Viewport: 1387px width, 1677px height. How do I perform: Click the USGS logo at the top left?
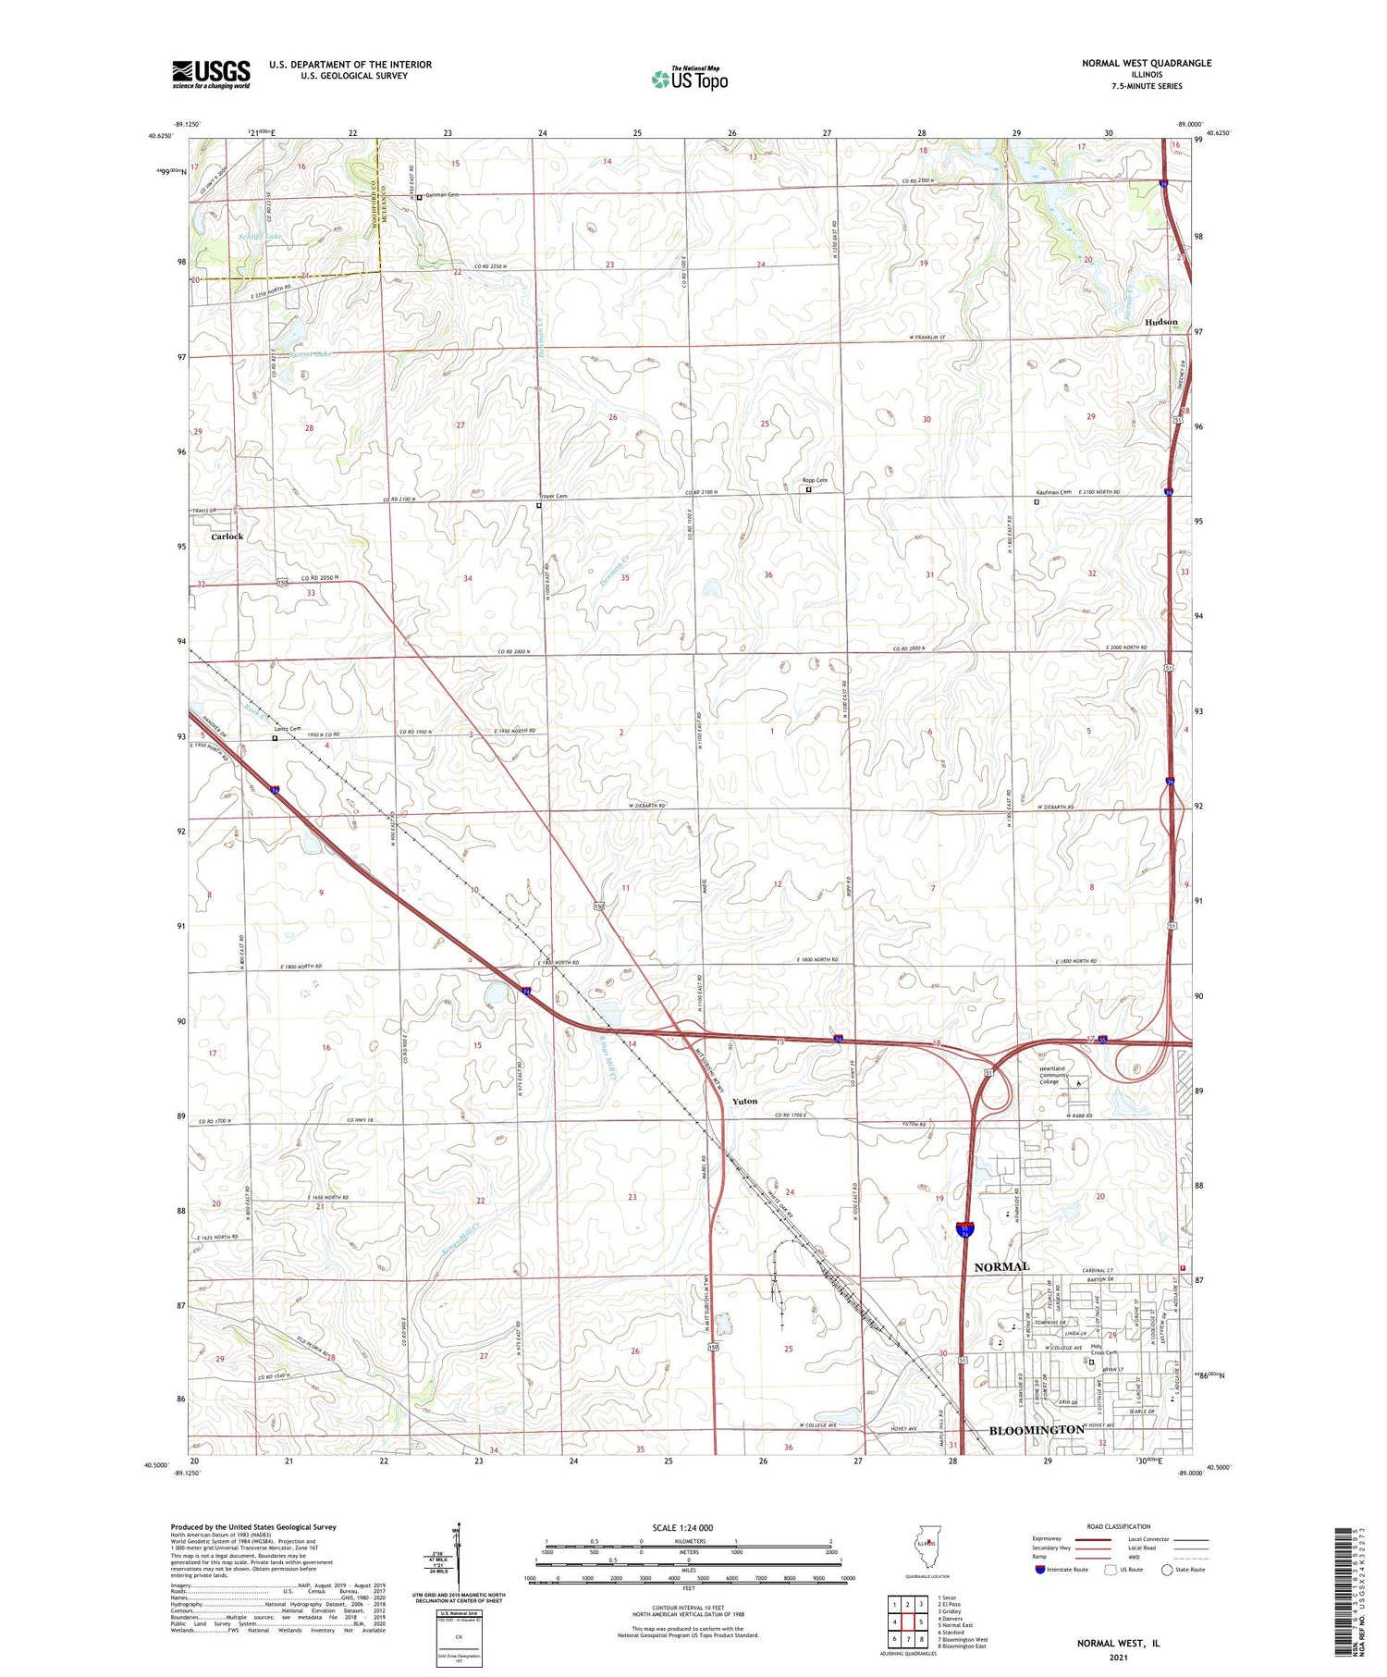211,74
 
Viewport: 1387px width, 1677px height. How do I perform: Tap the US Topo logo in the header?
689,79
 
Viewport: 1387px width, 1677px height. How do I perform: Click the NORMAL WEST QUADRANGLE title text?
1133,63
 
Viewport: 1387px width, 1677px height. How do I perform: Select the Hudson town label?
1161,322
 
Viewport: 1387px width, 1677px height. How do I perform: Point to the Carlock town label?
227,536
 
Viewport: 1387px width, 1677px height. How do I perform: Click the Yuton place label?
744,1101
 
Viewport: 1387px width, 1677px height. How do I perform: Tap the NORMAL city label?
1001,1265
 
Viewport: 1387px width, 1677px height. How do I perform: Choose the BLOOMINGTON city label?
1037,1429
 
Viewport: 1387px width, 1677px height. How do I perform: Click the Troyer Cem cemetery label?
554,497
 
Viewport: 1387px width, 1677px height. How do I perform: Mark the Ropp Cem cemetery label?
815,480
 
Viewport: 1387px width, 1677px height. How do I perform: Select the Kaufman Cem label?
1052,492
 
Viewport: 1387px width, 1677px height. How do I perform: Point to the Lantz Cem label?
288,729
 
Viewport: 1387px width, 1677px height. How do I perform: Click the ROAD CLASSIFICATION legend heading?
1119,1526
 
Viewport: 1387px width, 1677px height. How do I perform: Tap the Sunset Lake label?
309,354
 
